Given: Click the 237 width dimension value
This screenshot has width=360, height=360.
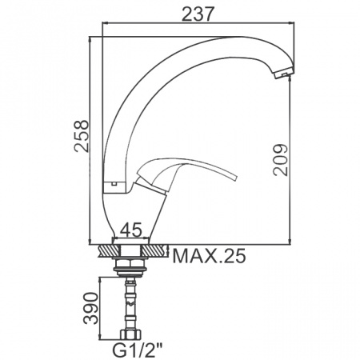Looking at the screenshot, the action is click(198, 14).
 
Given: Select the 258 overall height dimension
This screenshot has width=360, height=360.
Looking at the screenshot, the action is click(81, 136).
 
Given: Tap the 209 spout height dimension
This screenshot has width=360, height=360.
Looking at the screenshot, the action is click(281, 160).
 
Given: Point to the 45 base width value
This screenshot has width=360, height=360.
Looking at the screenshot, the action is click(130, 230).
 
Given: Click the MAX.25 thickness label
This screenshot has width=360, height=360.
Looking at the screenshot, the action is click(209, 256).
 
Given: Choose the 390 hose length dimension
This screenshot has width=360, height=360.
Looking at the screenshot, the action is click(90, 308).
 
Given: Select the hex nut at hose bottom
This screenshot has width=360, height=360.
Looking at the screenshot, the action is click(130, 334).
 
